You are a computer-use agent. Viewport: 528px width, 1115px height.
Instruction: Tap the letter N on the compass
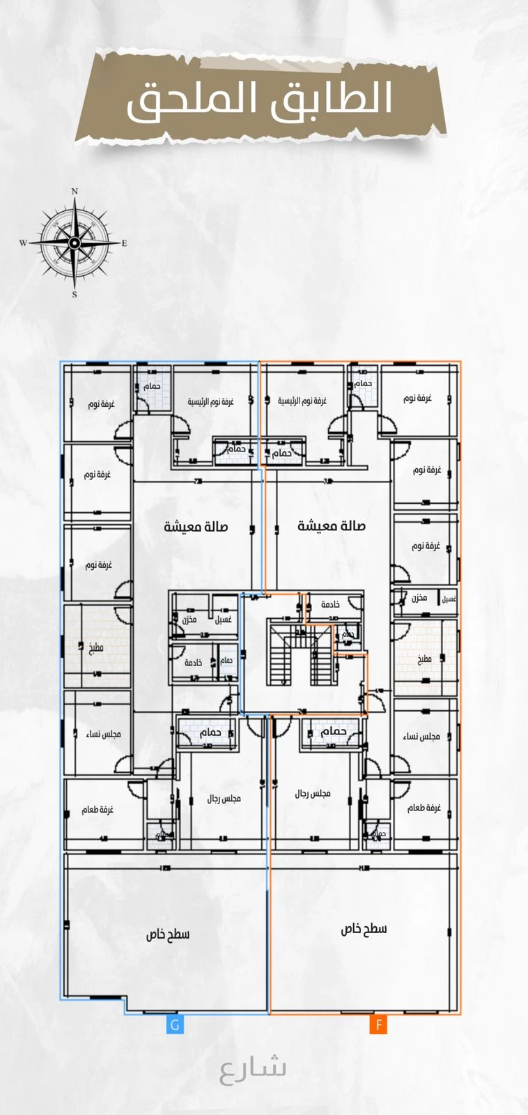[x=75, y=191]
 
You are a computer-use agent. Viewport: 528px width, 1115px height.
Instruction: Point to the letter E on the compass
[x=125, y=243]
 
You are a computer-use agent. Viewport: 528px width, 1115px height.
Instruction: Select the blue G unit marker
[x=175, y=1025]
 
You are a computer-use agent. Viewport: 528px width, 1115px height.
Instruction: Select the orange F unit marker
[x=378, y=1025]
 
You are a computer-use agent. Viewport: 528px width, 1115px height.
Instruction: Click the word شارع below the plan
[x=253, y=1068]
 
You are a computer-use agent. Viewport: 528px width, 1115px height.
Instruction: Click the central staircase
[x=301, y=655]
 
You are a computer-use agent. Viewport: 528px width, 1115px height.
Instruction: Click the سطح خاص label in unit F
[x=364, y=929]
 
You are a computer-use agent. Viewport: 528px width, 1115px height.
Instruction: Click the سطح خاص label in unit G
[x=168, y=934]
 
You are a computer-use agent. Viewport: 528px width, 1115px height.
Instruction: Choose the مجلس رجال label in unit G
[x=224, y=799]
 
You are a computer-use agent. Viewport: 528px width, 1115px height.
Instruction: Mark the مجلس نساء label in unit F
[x=421, y=737]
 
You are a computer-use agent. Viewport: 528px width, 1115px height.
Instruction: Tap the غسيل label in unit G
[x=224, y=620]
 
